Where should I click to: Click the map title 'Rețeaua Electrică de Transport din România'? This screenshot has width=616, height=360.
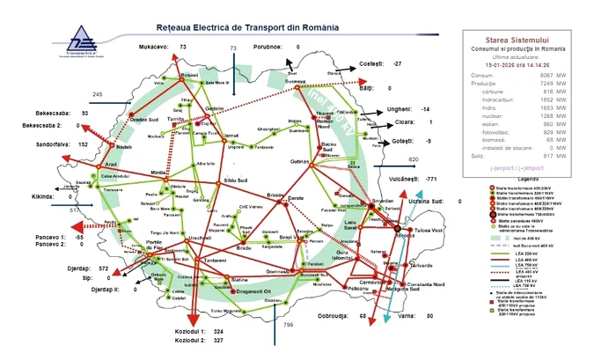(x=246, y=28)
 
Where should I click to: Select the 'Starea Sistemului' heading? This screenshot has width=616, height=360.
(x=533, y=40)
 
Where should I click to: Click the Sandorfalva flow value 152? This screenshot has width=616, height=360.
(x=83, y=143)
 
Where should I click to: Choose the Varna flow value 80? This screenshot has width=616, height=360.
(x=430, y=315)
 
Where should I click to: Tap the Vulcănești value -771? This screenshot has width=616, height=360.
(x=431, y=179)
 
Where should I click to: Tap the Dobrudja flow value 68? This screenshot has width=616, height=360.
(x=363, y=315)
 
